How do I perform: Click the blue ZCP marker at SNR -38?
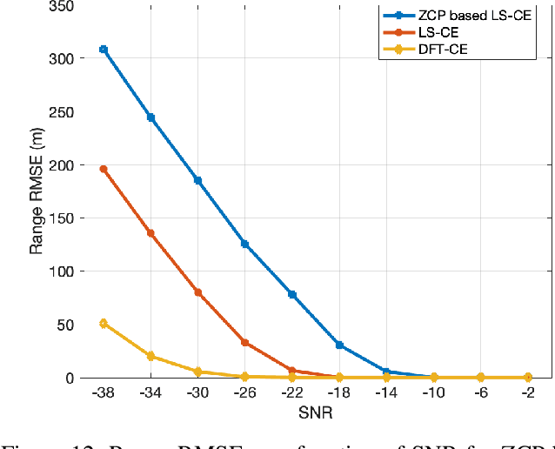(104, 50)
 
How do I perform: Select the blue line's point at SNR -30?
(197, 180)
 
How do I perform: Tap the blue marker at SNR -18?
(339, 345)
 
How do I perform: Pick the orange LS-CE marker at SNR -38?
(104, 169)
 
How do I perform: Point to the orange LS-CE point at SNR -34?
(150, 233)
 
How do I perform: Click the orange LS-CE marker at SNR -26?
(244, 343)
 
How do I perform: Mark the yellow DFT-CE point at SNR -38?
(104, 324)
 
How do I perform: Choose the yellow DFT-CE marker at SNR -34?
(150, 356)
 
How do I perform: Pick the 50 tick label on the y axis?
(66, 325)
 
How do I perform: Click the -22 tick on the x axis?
(291, 392)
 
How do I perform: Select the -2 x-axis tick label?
(527, 392)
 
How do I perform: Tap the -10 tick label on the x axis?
(433, 392)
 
